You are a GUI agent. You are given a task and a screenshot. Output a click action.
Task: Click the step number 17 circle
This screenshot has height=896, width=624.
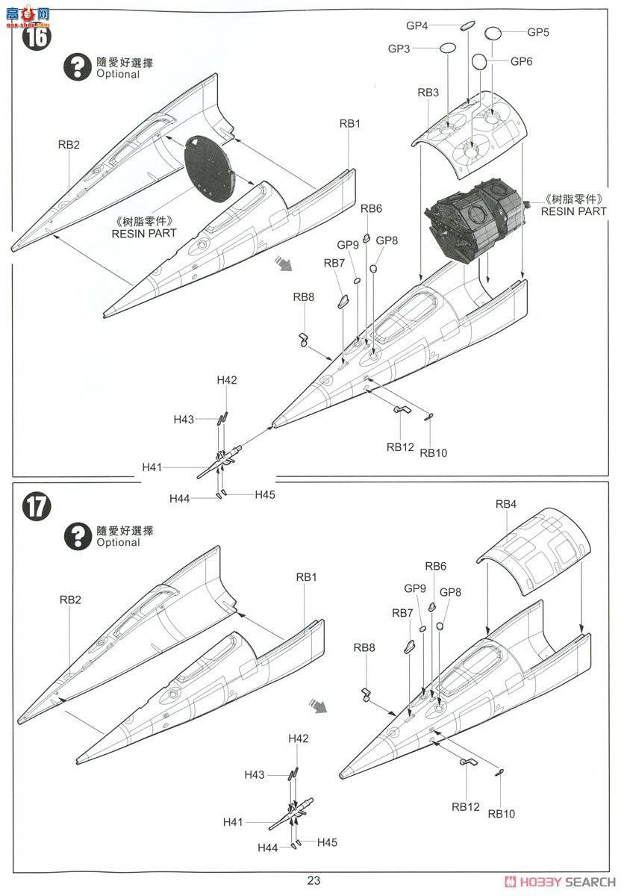click(35, 505)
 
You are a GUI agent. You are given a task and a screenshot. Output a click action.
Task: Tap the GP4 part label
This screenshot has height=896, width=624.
click(416, 25)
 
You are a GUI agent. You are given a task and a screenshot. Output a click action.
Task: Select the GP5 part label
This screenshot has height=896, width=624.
click(538, 32)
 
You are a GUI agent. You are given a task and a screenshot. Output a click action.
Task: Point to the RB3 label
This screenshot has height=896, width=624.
click(428, 93)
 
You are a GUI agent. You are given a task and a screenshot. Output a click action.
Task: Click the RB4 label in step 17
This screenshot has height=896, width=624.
click(505, 504)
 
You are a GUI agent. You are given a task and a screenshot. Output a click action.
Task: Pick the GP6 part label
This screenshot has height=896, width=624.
click(521, 61)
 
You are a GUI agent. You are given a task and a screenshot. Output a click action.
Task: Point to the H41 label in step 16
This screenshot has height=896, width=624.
click(152, 467)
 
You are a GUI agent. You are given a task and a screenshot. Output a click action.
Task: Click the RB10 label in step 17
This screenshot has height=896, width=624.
click(502, 814)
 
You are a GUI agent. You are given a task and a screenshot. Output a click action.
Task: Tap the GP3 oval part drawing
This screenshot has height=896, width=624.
click(447, 49)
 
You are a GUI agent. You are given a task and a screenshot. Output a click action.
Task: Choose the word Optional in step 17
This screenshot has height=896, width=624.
click(118, 543)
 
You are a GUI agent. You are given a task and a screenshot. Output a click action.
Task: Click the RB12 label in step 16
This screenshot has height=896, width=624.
click(400, 447)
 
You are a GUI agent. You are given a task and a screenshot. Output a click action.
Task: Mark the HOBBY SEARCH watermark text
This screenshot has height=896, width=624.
click(565, 880)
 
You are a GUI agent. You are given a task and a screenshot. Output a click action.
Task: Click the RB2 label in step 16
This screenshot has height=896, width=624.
click(69, 145)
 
